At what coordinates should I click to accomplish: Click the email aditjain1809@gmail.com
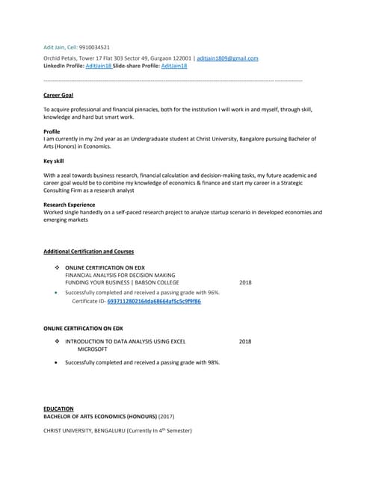227,58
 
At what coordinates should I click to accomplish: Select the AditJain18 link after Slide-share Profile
174,66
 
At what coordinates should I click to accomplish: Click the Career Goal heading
58,96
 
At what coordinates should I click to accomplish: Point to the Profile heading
52,131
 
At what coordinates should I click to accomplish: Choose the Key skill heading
54,161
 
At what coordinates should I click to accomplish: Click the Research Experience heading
70,204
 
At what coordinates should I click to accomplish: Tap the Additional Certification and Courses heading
89,252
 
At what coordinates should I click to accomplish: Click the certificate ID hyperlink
154,301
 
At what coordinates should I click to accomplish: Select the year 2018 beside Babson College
245,283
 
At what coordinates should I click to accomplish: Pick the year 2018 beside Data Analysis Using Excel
245,341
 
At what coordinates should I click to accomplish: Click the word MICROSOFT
93,349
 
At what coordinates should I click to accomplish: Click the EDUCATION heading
58,409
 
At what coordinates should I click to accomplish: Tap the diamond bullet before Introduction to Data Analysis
58,341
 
